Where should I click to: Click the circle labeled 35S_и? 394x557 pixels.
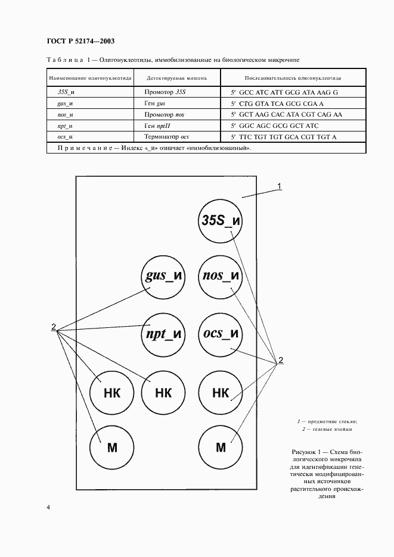pyautogui.click(x=221, y=221)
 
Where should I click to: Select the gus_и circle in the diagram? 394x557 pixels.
pyautogui.click(x=163, y=277)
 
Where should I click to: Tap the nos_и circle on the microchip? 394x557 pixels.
pyautogui.click(x=221, y=277)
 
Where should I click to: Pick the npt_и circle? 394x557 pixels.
pyautogui.click(x=163, y=334)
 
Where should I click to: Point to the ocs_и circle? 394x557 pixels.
pyautogui.click(x=221, y=334)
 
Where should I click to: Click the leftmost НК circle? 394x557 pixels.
pyautogui.click(x=111, y=393)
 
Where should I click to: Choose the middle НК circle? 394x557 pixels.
pyautogui.click(x=163, y=393)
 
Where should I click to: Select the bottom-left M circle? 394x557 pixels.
pyautogui.click(x=111, y=448)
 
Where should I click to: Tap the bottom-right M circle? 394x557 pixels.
pyautogui.click(x=221, y=448)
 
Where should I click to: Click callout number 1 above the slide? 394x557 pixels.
pyautogui.click(x=280, y=186)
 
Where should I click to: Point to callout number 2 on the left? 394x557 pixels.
pyautogui.click(x=54, y=327)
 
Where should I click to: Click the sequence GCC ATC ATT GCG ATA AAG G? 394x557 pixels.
pyautogui.click(x=288, y=92)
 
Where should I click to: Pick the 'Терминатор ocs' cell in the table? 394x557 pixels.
pyautogui.click(x=166, y=137)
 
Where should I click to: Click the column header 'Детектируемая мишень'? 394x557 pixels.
pyautogui.click(x=176, y=78)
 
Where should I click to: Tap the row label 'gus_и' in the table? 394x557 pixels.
pyautogui.click(x=65, y=104)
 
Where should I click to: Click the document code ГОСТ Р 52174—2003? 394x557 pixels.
pyautogui.click(x=81, y=41)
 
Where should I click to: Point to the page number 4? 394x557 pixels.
pyautogui.click(x=48, y=507)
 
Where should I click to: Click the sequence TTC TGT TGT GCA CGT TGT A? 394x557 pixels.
pyautogui.click(x=287, y=137)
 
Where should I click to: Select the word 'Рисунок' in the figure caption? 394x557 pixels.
pyautogui.click(x=303, y=452)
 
